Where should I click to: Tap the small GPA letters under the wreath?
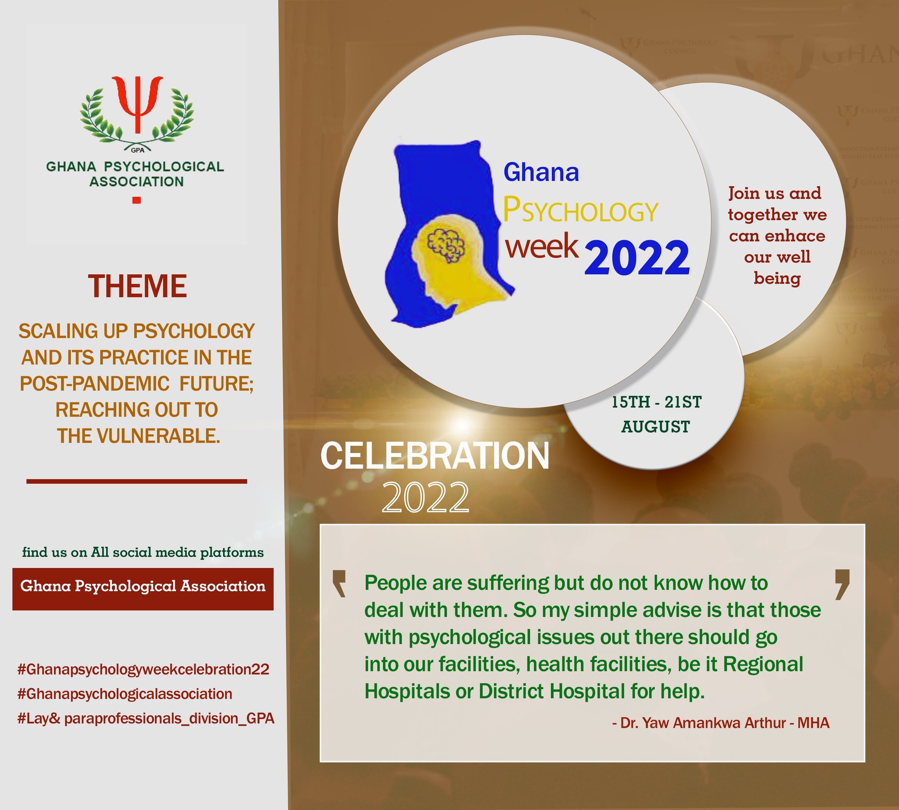(137, 150)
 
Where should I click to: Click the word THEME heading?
(137, 286)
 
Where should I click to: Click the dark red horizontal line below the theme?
(137, 481)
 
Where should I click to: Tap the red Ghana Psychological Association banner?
(143, 586)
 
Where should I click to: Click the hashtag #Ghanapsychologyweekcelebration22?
(143, 670)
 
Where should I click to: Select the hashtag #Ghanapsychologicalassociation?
(125, 694)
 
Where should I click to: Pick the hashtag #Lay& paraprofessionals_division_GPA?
(146, 718)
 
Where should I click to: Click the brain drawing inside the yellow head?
(446, 245)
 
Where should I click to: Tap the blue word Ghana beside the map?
(541, 172)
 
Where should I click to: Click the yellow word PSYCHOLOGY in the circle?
(580, 210)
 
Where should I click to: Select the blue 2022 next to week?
(637, 257)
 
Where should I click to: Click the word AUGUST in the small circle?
(655, 427)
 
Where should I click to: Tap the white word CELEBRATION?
(435, 456)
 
